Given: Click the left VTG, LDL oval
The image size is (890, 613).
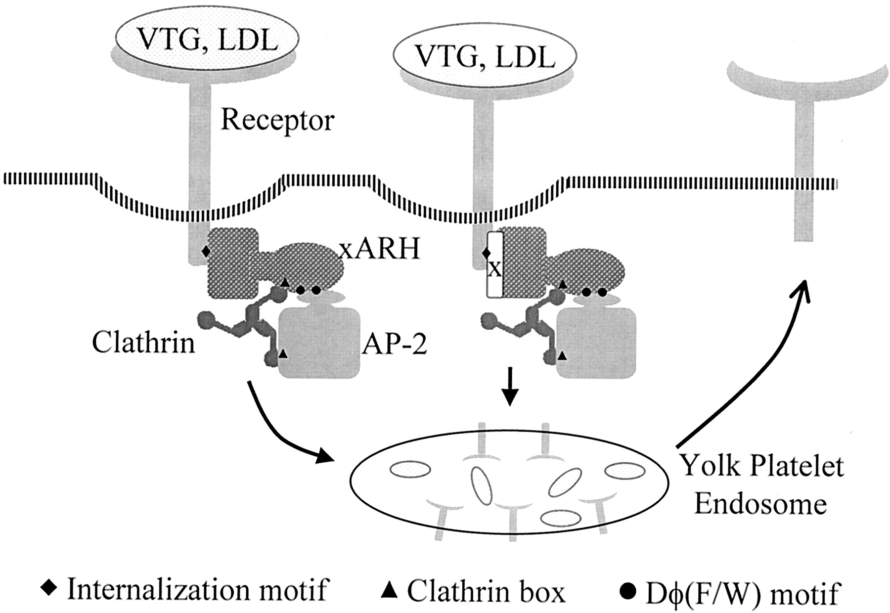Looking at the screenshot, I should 207,40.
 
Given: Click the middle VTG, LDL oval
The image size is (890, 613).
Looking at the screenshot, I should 485,57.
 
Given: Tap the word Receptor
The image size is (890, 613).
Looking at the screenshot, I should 277,120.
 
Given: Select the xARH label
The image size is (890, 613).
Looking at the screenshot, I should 380,248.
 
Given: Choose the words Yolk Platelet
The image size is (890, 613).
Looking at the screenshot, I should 762,466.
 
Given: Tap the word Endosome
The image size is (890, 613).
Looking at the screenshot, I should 760,504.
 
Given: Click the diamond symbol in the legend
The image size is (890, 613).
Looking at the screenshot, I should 49,589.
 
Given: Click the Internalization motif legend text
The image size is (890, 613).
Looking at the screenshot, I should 197,589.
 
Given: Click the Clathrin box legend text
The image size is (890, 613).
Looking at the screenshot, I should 486,589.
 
